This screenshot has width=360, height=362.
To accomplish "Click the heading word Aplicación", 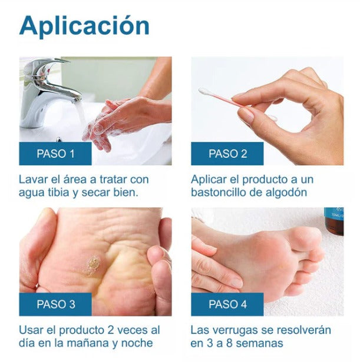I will tap(84, 26).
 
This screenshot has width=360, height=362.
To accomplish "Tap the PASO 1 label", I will tap(55, 154).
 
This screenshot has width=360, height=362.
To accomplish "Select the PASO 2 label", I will tap(227, 154).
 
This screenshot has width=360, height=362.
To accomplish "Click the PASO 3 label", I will tap(55, 304).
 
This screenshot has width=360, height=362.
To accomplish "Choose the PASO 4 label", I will tap(227, 304).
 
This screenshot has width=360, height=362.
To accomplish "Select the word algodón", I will tap(287, 192).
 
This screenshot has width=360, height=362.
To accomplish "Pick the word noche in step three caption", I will tap(139, 343).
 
